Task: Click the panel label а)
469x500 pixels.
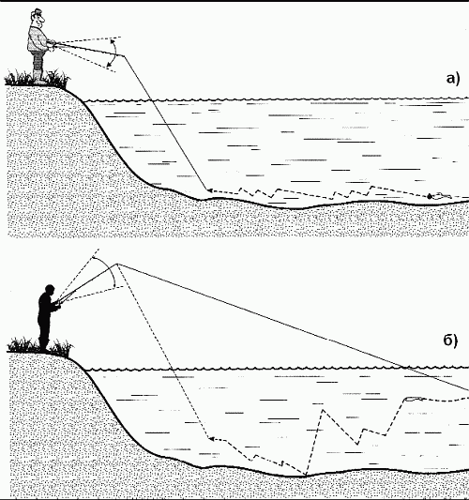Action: click(453, 79)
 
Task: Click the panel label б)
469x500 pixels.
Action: click(450, 341)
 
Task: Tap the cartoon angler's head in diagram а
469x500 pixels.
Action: click(38, 18)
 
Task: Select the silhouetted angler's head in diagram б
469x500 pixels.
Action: click(50, 290)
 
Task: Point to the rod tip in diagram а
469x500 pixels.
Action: click(125, 56)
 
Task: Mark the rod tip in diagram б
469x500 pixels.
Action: click(116, 264)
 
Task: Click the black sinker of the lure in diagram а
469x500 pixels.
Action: click(430, 196)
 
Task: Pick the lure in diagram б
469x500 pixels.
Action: click(413, 399)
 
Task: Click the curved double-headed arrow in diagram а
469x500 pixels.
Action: click(114, 53)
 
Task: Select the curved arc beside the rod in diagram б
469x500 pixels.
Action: click(111, 268)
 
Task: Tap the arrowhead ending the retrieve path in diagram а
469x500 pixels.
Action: click(209, 190)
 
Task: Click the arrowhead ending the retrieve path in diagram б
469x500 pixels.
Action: click(211, 439)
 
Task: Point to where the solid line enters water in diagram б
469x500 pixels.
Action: click(405, 369)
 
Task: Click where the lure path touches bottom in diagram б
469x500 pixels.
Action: click(306, 476)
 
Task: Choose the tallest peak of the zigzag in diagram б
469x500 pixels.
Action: click(323, 410)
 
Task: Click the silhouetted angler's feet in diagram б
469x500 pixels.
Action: click(44, 349)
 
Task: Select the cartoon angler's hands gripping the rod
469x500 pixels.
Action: click(51, 44)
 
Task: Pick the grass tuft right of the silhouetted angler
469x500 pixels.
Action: click(63, 348)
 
